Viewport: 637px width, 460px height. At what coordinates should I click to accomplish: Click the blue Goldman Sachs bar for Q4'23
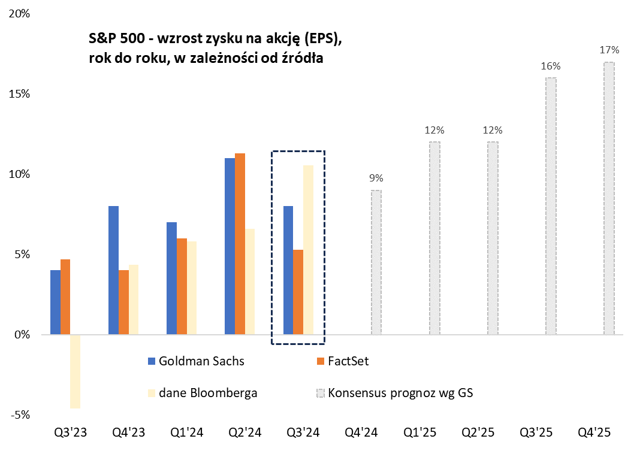113,270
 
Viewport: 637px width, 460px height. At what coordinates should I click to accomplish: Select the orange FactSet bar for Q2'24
240,244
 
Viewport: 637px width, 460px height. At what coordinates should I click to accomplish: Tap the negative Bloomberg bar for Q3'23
75,371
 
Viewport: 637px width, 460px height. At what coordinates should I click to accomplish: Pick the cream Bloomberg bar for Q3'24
308,250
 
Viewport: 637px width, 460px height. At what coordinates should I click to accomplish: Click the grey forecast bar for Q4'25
609,198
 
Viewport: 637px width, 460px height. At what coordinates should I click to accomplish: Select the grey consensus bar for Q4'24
376,262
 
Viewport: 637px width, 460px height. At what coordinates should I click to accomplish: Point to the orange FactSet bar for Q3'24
298,292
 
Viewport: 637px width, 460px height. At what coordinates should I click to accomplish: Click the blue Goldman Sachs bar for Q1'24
171,278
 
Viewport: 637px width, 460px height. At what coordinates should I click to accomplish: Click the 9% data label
376,178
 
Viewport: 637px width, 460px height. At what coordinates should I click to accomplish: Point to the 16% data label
550,66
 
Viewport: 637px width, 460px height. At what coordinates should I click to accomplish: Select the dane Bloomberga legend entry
203,393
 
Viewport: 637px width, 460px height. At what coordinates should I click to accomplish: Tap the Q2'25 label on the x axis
478,432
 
